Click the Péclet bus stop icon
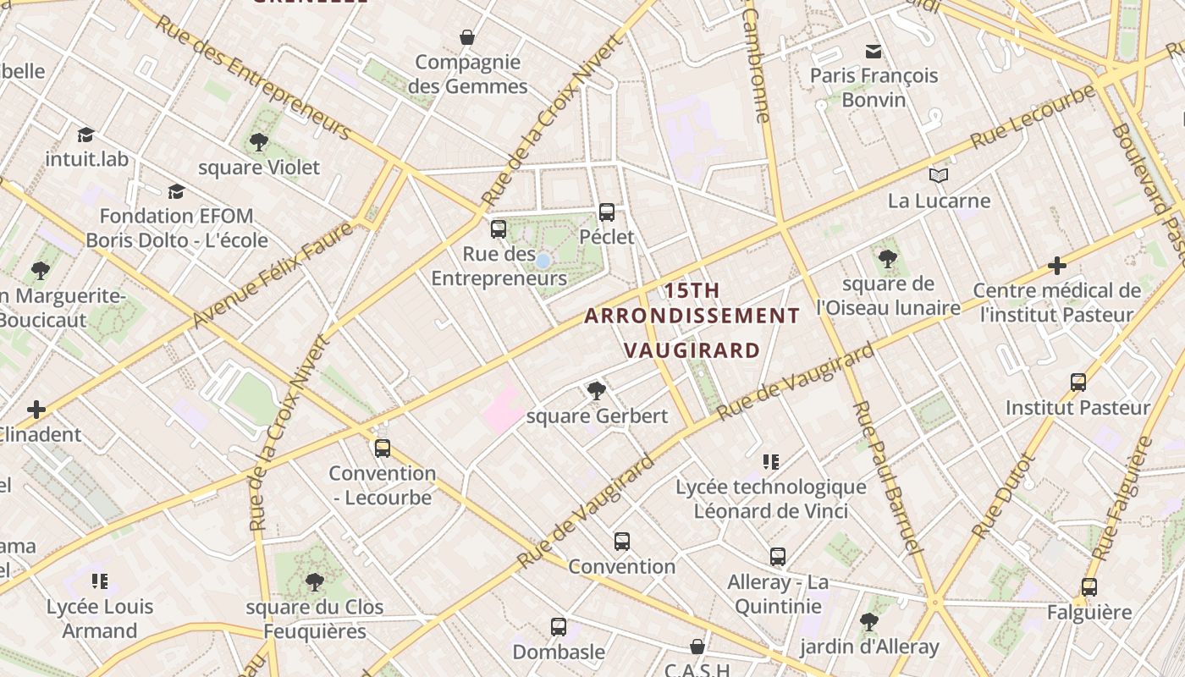607,212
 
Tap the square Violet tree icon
259,142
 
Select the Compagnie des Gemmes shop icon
466,37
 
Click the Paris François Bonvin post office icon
874,52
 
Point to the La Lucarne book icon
938,175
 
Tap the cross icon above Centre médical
1056,266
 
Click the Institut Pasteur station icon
1078,383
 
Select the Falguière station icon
1089,587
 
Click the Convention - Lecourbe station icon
383,448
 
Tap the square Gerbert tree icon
597,390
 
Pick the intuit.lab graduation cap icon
85,135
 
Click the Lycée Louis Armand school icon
100,581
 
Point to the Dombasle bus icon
559,627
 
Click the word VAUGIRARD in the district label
692,350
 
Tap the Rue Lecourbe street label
1033,117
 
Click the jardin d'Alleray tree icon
868,622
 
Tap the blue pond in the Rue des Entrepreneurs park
543,261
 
